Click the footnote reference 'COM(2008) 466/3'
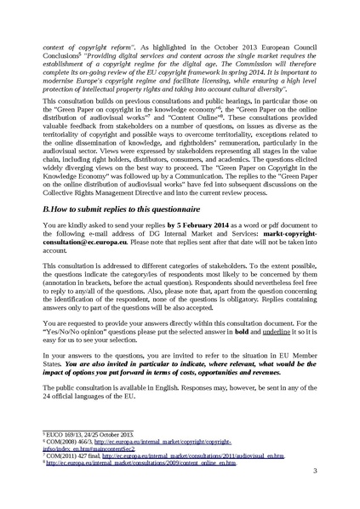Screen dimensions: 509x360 tap(71, 464)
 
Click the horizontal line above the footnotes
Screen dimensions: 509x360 tap(69, 451)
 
